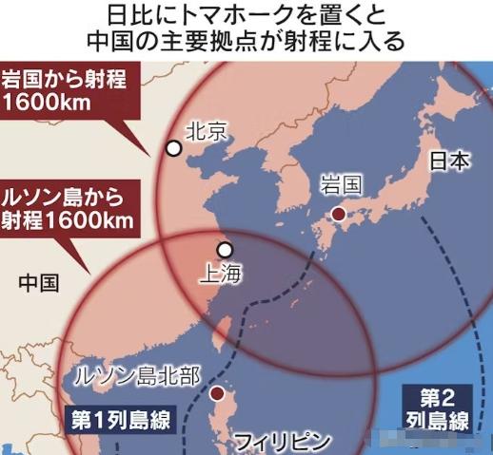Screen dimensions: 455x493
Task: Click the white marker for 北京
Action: click(173, 147)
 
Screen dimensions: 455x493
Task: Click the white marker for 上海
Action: click(225, 250)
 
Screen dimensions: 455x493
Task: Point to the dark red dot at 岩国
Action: click(337, 215)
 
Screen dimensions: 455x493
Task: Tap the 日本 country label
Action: click(448, 161)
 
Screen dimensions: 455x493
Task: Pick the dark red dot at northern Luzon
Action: click(218, 393)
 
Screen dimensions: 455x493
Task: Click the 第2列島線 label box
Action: click(442, 407)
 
